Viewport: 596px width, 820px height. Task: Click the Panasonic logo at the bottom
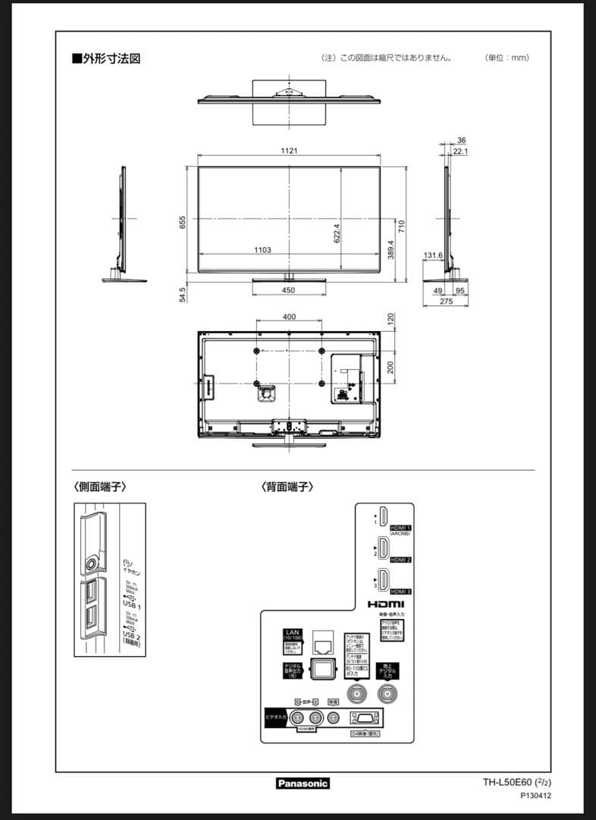click(302, 783)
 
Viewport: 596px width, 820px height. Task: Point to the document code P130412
click(535, 796)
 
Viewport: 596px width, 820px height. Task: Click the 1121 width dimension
click(289, 151)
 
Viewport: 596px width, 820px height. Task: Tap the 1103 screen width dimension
click(262, 250)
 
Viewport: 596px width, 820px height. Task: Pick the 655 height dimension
click(183, 222)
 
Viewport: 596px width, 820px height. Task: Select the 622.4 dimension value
click(337, 232)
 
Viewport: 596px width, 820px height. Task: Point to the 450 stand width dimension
click(288, 290)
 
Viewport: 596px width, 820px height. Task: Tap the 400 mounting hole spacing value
click(289, 317)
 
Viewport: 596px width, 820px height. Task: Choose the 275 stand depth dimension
click(446, 301)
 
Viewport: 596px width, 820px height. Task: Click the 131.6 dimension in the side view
click(433, 256)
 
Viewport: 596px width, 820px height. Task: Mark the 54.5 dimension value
click(183, 294)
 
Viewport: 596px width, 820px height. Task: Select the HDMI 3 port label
click(400, 591)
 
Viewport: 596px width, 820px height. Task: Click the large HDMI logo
click(386, 604)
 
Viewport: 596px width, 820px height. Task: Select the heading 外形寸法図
click(106, 58)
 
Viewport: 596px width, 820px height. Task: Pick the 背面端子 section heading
click(287, 487)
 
